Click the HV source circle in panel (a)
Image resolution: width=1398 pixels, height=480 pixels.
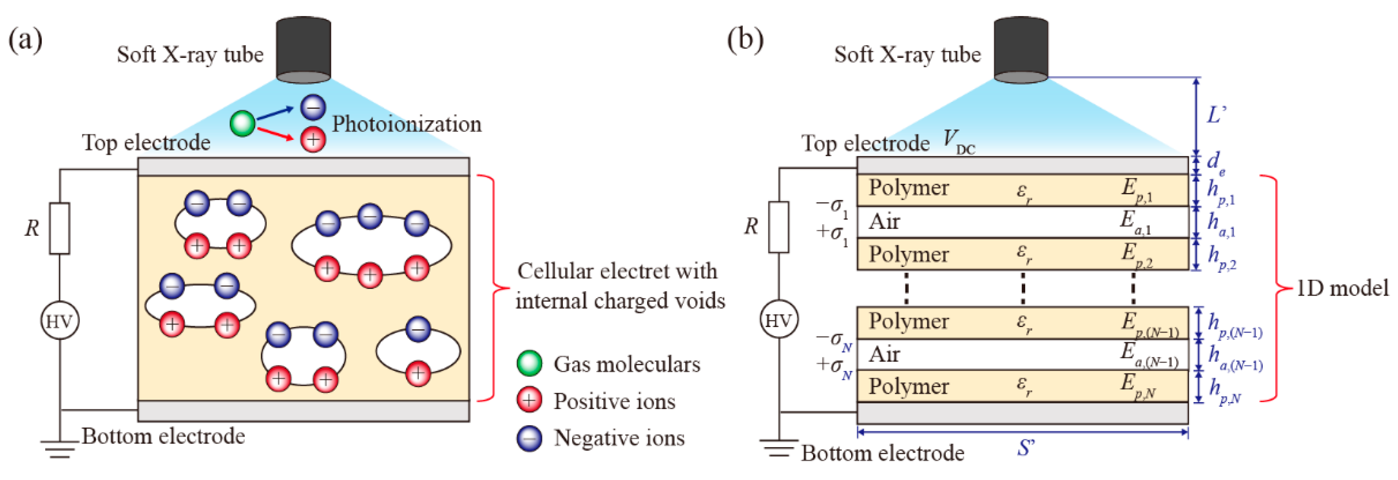60,321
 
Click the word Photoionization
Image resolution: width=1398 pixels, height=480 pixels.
407,124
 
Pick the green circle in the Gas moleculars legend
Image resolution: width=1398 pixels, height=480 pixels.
529,363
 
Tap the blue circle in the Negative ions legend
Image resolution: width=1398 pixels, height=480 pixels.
529,438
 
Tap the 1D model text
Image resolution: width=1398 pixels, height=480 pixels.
1341,289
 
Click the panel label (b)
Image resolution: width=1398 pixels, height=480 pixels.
745,40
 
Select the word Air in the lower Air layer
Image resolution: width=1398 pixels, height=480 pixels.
884,354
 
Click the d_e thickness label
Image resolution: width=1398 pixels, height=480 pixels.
1215,162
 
